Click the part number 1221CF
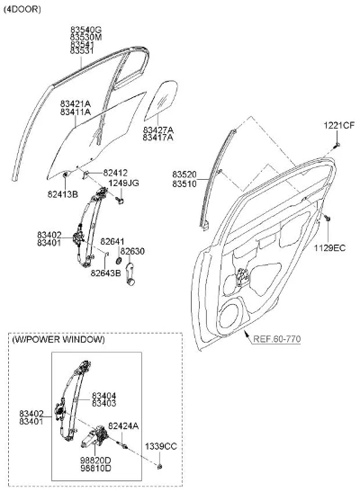coord(339,126)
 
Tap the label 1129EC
coord(330,248)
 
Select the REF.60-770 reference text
coord(277,339)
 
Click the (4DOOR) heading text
coord(22,9)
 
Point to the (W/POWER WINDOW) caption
coord(58,339)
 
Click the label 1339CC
coord(161,446)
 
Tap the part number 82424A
coord(123,425)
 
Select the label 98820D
coord(95,461)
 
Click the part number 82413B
coord(63,194)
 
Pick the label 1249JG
coord(123,183)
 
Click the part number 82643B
coord(106,273)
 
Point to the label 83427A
coord(157,130)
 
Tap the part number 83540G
coord(85,30)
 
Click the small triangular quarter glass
coord(161,101)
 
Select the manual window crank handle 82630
coord(130,274)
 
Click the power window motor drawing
coord(94,436)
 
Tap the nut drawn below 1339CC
coord(160,467)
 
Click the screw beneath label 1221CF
coord(337,145)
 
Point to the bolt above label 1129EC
coord(328,218)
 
